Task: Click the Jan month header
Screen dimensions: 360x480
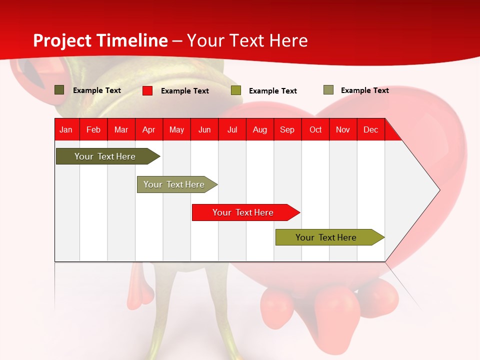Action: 66,129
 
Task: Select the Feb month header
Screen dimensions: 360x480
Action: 93,129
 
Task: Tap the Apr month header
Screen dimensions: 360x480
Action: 149,129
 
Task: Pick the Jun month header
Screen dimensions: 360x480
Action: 204,129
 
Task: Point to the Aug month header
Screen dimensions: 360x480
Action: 260,129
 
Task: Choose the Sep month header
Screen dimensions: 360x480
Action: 287,129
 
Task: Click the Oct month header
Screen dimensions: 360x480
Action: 315,129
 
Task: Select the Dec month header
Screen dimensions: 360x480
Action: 371,129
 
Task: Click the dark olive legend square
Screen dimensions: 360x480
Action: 59,90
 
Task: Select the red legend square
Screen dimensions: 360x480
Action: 147,90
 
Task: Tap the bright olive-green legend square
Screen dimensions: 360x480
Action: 236,90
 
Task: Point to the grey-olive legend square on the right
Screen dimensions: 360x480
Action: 328,90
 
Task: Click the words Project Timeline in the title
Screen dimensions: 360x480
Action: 100,40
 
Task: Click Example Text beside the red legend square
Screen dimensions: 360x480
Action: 185,91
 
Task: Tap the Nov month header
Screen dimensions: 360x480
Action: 343,129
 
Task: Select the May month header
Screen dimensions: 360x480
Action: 176,129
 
